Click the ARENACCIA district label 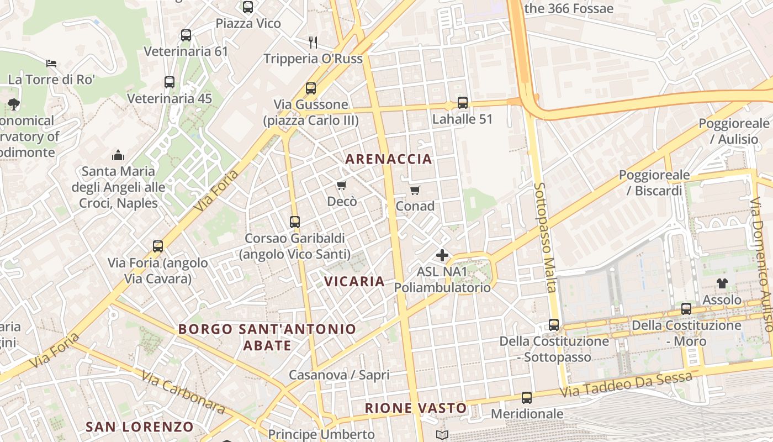click(x=388, y=159)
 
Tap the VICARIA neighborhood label click(x=354, y=281)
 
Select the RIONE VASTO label click(x=415, y=408)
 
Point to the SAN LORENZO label click(x=139, y=427)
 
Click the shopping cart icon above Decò click(x=342, y=185)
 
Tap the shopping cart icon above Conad click(x=415, y=190)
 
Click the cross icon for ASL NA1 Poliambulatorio click(x=442, y=255)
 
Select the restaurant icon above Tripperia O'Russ click(x=313, y=42)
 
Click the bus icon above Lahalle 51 click(x=463, y=102)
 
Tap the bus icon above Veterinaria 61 click(x=186, y=35)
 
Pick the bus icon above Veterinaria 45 click(x=170, y=82)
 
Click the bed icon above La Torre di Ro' click(x=51, y=63)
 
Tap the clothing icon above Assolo click(x=722, y=283)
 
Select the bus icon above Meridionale click(x=527, y=397)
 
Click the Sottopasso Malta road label click(x=544, y=238)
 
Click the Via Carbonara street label click(x=183, y=392)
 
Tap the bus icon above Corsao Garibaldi click(x=295, y=222)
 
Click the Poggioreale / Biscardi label click(x=654, y=183)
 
